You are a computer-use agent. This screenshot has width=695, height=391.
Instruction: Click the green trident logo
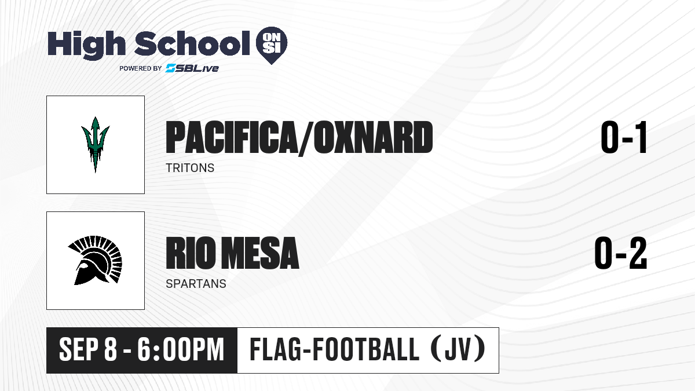pyautogui.click(x=95, y=145)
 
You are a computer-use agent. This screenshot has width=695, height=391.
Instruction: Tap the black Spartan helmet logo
pyautogui.click(x=95, y=260)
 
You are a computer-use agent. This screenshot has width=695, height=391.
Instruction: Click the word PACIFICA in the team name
pyautogui.click(x=231, y=137)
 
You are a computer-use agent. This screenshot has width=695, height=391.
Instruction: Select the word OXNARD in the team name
pyautogui.click(x=373, y=137)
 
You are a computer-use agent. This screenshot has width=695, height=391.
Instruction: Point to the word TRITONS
pyautogui.click(x=190, y=168)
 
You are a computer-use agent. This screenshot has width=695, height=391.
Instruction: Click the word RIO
pyautogui.click(x=191, y=253)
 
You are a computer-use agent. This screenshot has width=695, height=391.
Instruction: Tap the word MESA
pyautogui.click(x=260, y=253)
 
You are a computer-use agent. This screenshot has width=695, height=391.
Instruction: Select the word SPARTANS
pyautogui.click(x=196, y=284)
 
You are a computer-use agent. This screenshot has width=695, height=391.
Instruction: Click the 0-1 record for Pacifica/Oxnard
pyautogui.click(x=624, y=137)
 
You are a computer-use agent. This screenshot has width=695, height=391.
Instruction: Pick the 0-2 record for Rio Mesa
pyautogui.click(x=621, y=253)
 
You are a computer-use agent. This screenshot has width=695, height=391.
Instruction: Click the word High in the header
pyautogui.click(x=86, y=45)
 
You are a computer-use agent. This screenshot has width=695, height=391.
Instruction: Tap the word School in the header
pyautogui.click(x=192, y=43)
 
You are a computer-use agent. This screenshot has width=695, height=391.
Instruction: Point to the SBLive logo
pyautogui.click(x=192, y=68)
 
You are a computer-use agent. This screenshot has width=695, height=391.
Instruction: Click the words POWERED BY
pyautogui.click(x=141, y=68)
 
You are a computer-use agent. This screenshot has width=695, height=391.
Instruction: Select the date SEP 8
pyautogui.click(x=88, y=350)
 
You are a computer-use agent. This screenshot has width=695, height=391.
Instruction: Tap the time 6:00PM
pyautogui.click(x=181, y=350)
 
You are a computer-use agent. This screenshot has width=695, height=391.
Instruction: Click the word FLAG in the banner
pyautogui.click(x=275, y=349)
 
